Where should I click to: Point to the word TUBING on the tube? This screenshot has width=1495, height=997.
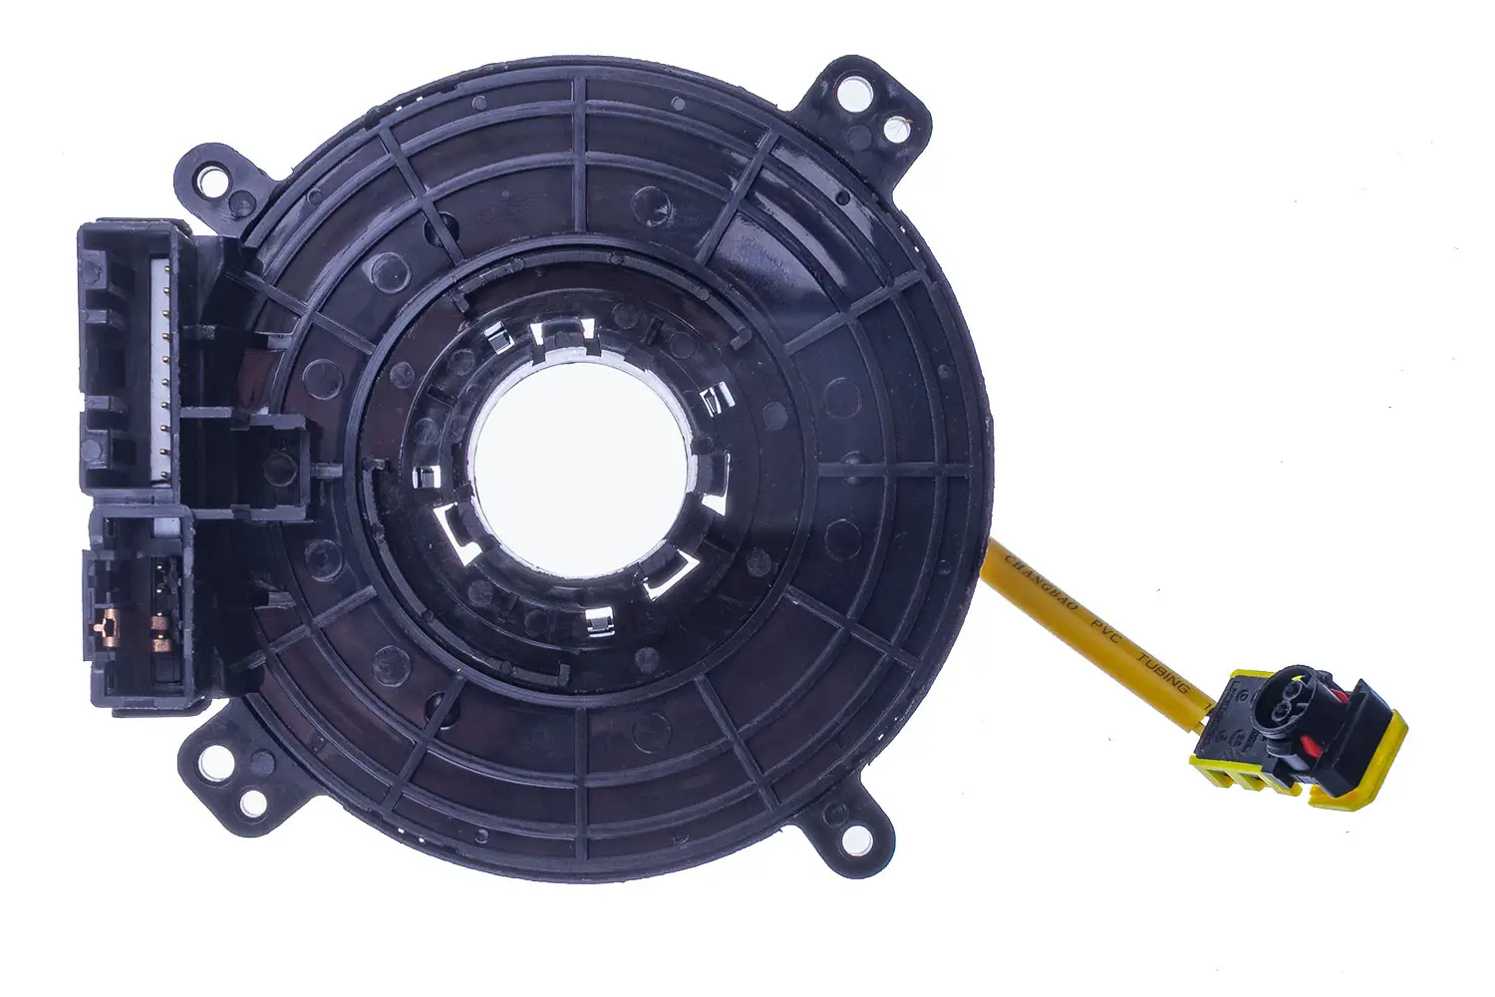(x=1162, y=671)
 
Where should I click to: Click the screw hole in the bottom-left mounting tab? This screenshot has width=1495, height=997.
(x=210, y=764)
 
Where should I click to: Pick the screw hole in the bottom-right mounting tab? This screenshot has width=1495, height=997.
(x=853, y=838)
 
